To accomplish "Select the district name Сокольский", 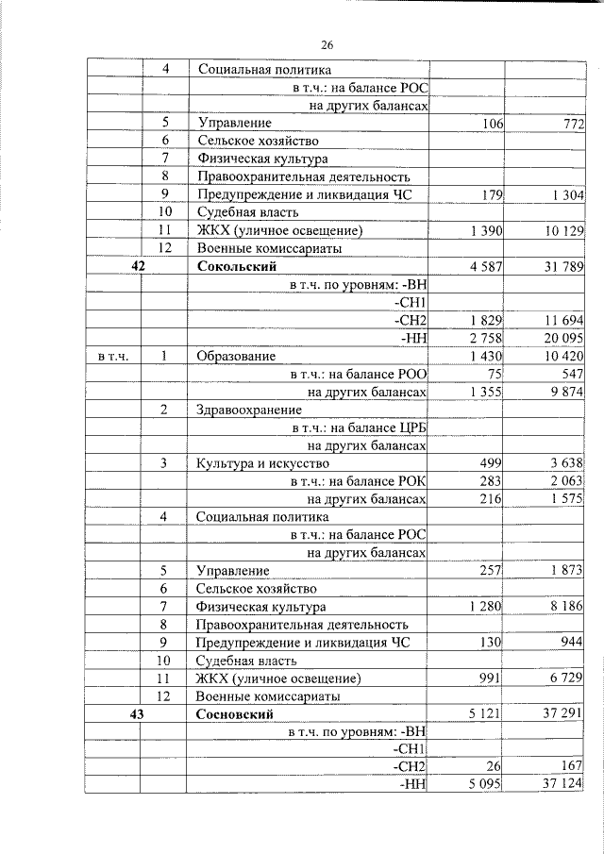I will click(236, 267).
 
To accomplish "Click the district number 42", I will click(138, 267).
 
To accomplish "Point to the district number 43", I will click(138, 714).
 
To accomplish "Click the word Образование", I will click(236, 356).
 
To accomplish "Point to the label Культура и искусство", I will click(262, 463).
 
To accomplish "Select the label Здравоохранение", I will click(249, 410).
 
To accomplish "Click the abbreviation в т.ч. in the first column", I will click(113, 357).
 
